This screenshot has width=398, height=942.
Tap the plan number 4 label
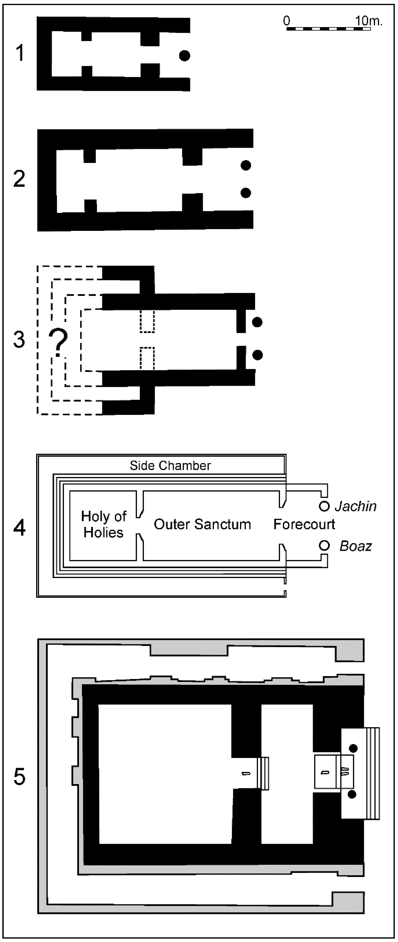pos(19,529)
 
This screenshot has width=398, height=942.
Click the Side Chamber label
pos(170,466)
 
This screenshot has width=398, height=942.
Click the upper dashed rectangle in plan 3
pos(147,322)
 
